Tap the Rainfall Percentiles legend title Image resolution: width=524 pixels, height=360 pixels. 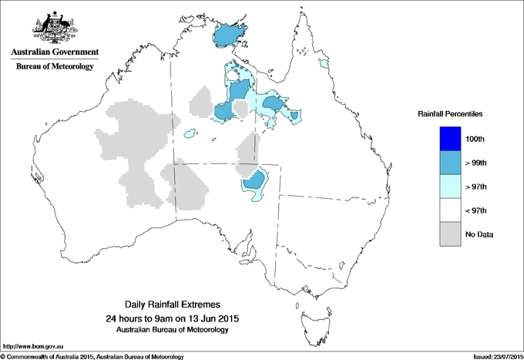[x=450, y=113]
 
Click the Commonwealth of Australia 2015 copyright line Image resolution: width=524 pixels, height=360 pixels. [x=92, y=356]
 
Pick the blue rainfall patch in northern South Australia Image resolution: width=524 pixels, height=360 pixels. [x=255, y=182]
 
